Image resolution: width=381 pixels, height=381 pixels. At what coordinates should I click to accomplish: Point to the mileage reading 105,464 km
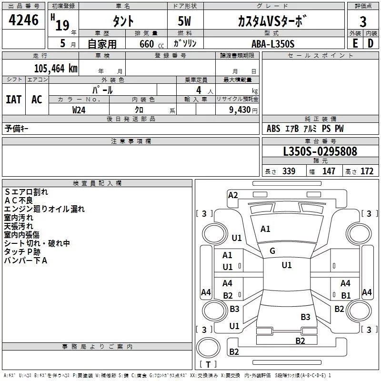[56, 68]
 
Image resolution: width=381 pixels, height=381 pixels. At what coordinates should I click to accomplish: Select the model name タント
[123, 21]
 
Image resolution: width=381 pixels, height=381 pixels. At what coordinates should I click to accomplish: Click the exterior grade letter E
[355, 43]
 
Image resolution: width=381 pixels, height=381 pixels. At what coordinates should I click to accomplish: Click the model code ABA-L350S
[273, 44]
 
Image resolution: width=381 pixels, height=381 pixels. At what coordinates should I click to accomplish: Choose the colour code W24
[79, 110]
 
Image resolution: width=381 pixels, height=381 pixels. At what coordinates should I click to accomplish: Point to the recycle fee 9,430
[240, 110]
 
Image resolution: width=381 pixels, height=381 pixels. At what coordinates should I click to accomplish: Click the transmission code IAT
[13, 99]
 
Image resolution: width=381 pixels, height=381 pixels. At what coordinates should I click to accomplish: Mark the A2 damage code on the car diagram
[233, 195]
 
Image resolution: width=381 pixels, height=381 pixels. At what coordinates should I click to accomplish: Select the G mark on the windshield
[272, 251]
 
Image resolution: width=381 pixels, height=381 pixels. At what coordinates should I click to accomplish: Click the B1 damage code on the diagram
[346, 295]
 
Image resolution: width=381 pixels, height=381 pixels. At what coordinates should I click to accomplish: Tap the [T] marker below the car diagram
[208, 364]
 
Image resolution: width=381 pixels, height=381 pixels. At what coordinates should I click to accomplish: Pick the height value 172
[367, 171]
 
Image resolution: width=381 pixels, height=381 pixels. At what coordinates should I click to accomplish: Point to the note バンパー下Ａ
[26, 261]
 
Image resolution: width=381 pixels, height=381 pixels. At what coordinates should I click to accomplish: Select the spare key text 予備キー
[17, 129]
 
